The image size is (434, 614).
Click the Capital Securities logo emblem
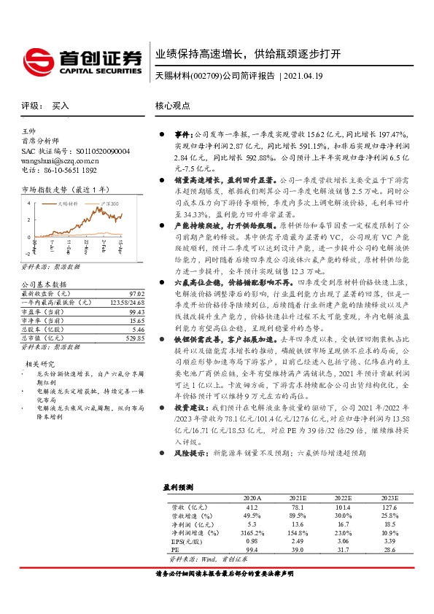point(36,58)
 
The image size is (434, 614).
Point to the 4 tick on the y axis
point(28,198)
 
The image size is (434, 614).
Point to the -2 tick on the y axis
point(28,253)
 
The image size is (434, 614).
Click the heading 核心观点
point(171,106)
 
